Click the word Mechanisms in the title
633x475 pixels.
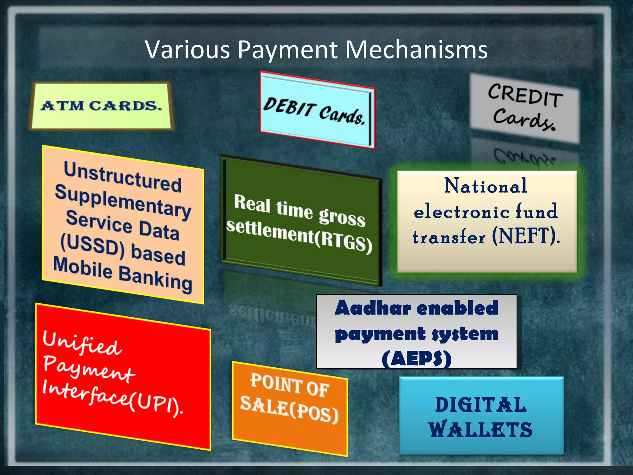click(x=416, y=49)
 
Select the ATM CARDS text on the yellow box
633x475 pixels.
click(x=101, y=106)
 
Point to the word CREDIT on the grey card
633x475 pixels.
click(x=525, y=95)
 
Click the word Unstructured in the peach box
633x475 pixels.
click(x=123, y=177)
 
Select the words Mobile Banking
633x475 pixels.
click(x=123, y=274)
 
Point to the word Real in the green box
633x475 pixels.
click(x=252, y=203)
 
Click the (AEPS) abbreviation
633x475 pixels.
click(x=416, y=359)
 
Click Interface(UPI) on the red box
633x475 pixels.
click(x=113, y=397)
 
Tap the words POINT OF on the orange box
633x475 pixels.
click(x=290, y=385)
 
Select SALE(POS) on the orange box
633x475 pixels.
click(x=290, y=409)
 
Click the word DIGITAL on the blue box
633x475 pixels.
click(x=481, y=405)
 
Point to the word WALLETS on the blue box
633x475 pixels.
click(x=481, y=430)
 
